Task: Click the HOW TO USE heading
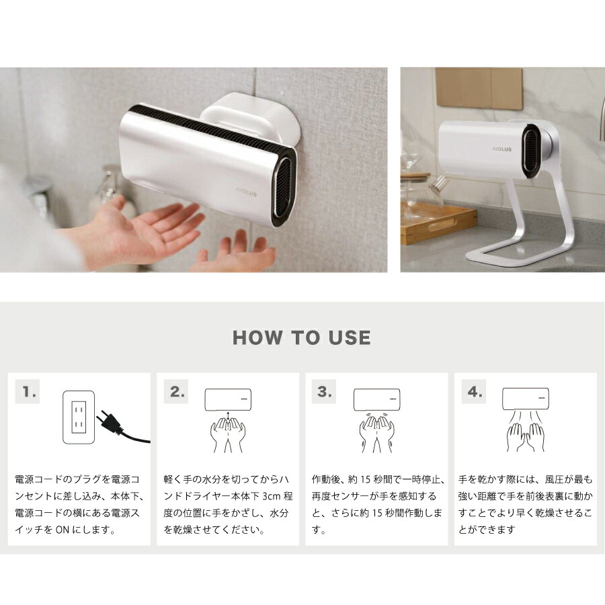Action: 302,337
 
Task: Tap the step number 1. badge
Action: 29,392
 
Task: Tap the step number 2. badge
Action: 177,392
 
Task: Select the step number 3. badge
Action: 325,392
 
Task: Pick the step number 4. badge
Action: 475,392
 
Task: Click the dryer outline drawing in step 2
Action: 228,399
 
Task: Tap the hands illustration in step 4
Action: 525,434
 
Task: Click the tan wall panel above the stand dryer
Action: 479,88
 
